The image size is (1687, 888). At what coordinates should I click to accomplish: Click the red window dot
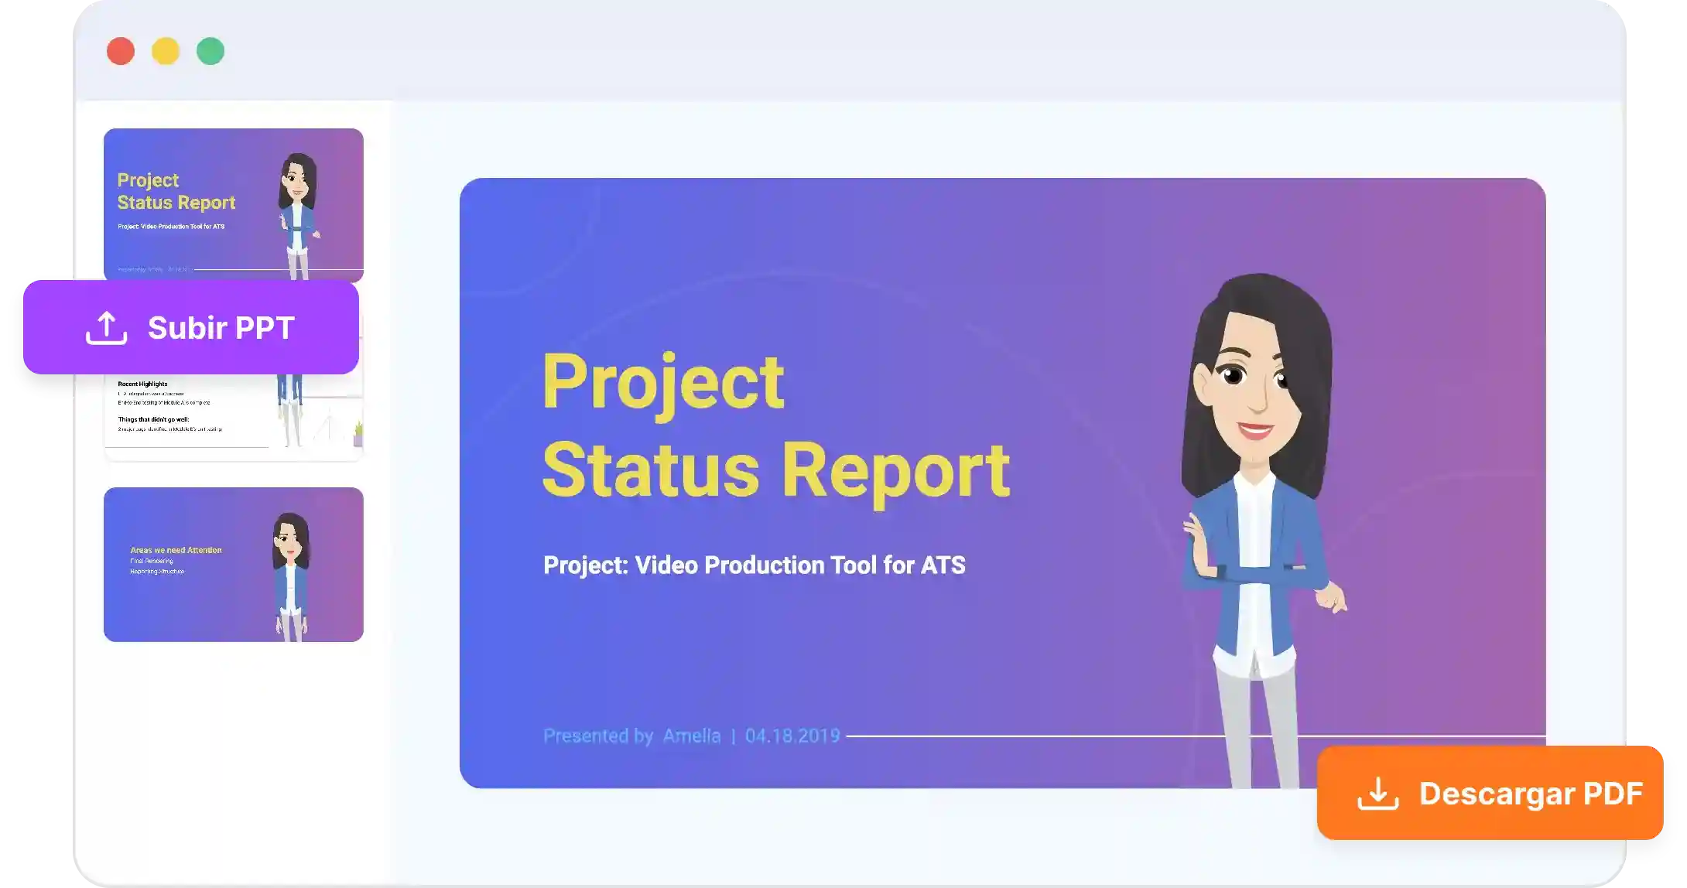click(121, 51)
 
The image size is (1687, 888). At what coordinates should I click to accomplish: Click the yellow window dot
click(166, 51)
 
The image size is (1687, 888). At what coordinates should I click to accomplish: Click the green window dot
click(210, 51)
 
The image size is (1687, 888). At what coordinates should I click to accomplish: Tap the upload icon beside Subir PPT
click(106, 328)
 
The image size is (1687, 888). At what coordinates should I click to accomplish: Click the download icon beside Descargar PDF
click(1377, 794)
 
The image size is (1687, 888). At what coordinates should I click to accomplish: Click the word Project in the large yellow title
click(663, 383)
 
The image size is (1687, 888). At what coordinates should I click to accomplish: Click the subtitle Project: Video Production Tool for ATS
click(754, 565)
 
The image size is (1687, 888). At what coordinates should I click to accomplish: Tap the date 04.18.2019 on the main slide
click(792, 736)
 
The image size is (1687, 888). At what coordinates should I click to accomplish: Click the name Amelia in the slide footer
click(691, 736)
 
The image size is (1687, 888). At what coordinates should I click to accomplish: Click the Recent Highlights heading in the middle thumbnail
click(142, 384)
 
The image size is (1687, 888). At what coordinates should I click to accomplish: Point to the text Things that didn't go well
click(153, 419)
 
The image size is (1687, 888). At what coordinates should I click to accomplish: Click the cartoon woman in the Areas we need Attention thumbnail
click(291, 572)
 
